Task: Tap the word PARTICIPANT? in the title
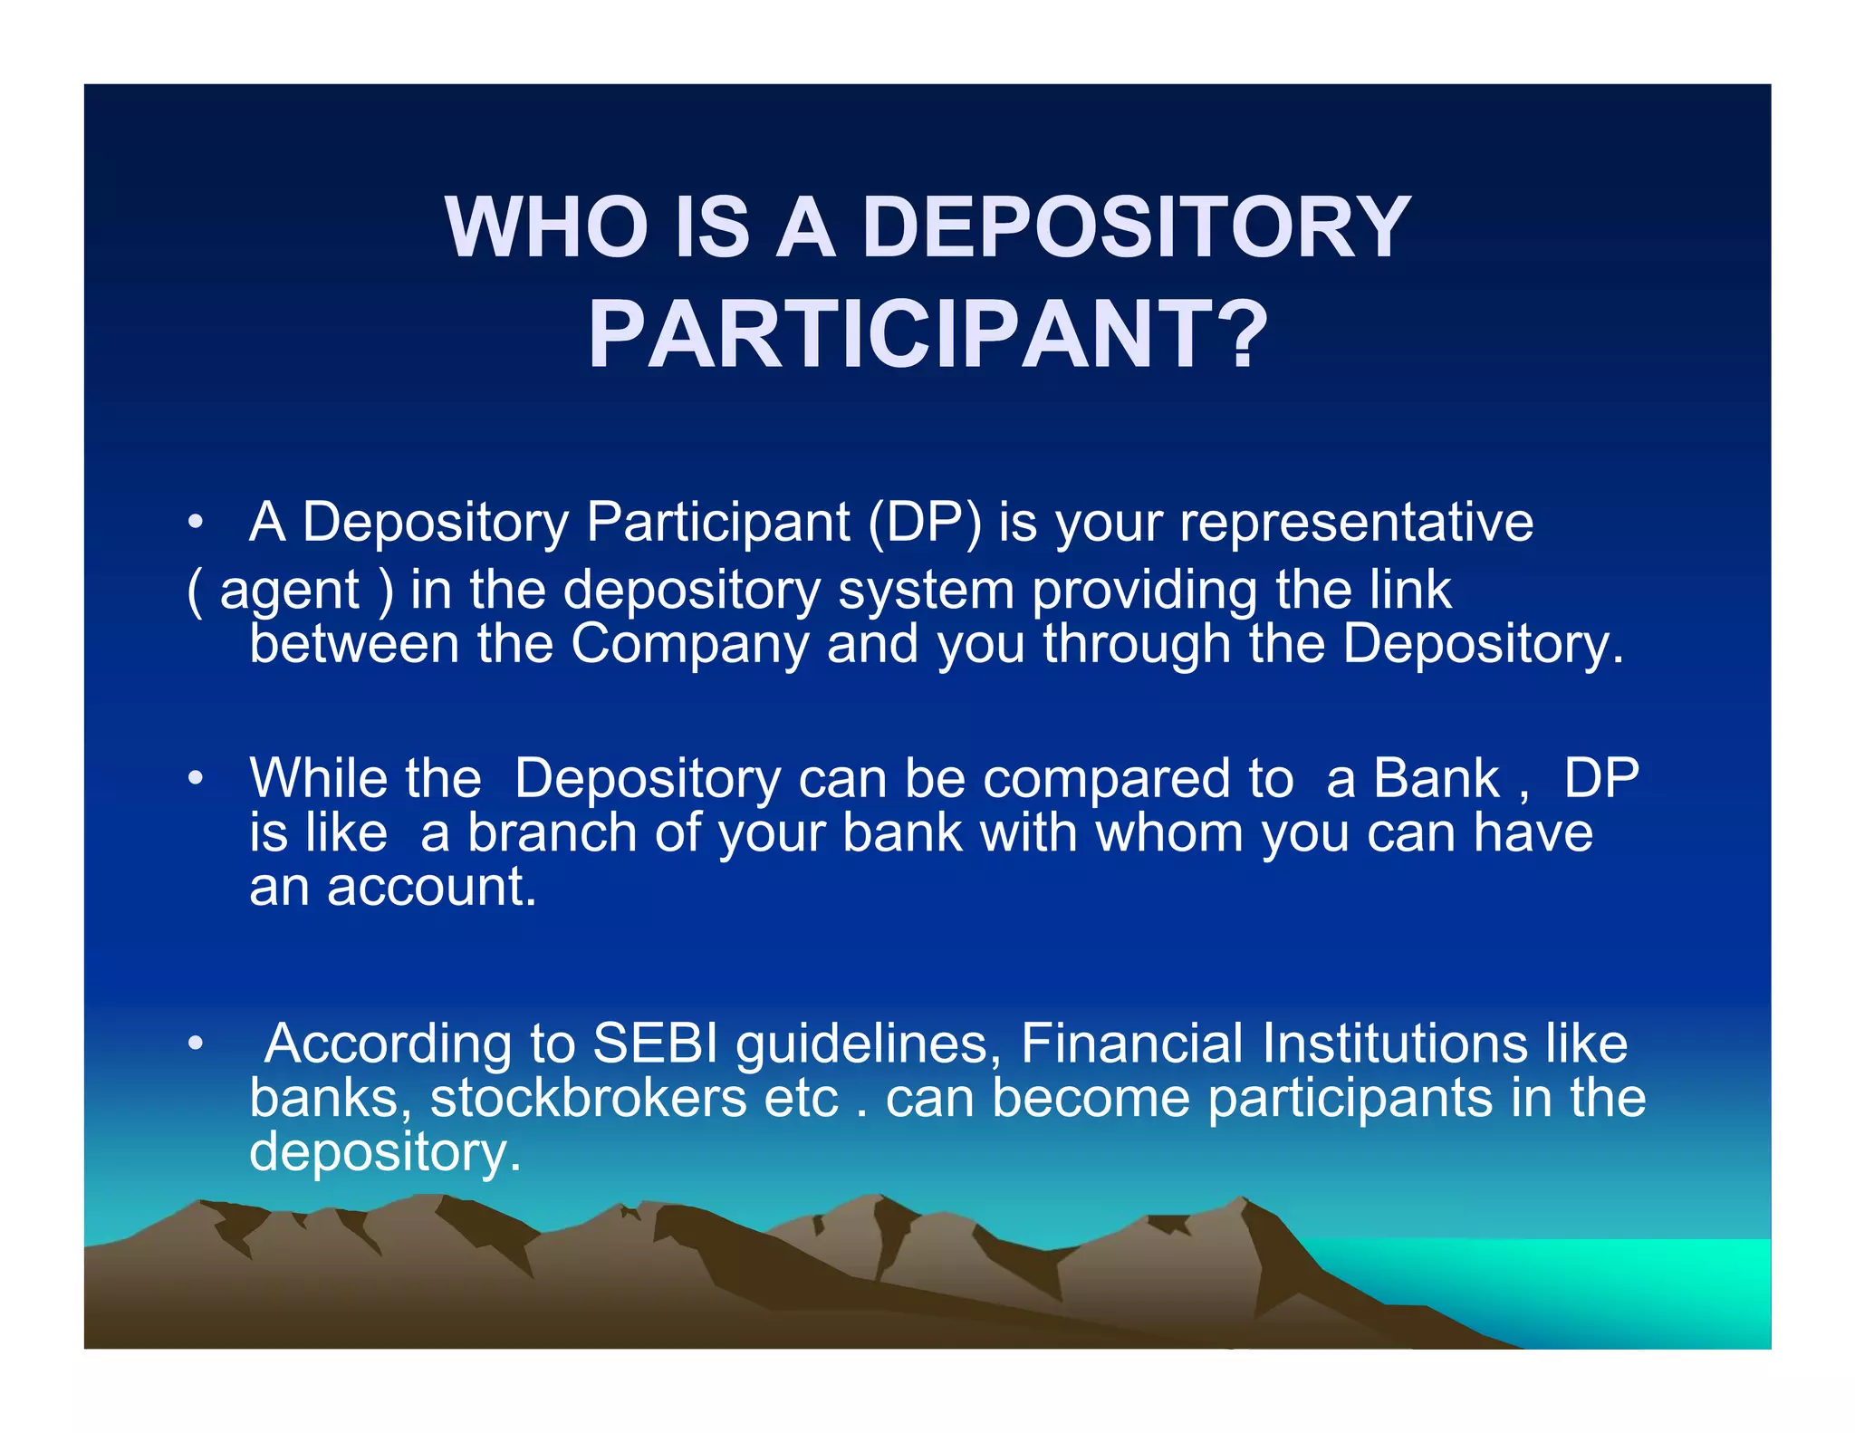pos(927,335)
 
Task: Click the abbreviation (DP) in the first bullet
pos(924,523)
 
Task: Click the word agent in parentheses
pos(290,591)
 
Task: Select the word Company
pos(689,645)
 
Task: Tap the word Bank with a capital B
pos(1436,779)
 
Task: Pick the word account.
pos(432,888)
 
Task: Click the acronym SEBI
pos(655,1043)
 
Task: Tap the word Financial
pos(1131,1043)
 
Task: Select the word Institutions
pos(1395,1043)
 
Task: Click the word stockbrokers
pos(589,1099)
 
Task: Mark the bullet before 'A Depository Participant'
pos(195,524)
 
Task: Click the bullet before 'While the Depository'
pos(195,779)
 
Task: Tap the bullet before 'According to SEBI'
pos(195,1044)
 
